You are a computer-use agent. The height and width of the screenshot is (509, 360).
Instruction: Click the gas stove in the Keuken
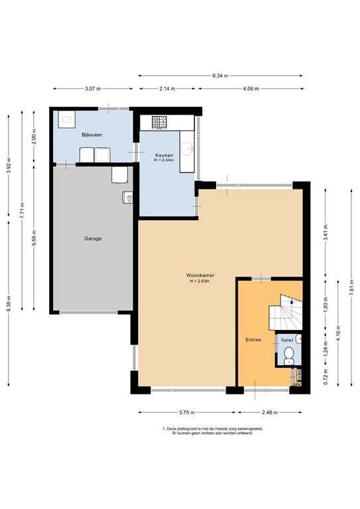pos(160,122)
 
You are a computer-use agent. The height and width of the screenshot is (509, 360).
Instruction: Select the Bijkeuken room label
pos(91,135)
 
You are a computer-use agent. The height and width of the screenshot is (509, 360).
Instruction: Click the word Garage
pos(93,239)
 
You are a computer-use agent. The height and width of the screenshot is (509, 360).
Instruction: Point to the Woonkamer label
pos(199,276)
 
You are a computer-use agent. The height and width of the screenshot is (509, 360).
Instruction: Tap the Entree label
pos(253,340)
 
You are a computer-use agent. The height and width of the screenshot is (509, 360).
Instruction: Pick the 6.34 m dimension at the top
pos(220,76)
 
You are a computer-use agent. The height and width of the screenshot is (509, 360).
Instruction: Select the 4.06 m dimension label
pos(251,88)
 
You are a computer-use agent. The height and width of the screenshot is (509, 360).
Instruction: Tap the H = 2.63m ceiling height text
pos(199,282)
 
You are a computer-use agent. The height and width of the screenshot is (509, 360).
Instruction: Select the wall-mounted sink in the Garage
pos(128,198)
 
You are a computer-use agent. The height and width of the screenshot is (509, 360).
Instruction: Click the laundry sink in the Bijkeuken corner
pos(66,120)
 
